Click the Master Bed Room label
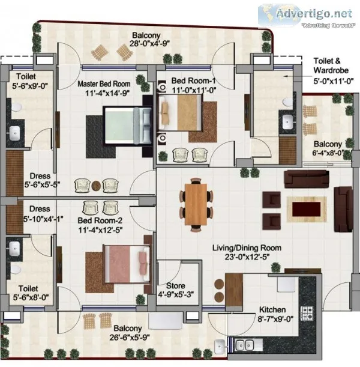pyautogui.click(x=104, y=84)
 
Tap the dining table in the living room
pyautogui.click(x=196, y=205)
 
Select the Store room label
pyautogui.click(x=176, y=285)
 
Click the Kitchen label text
pyautogui.click(x=272, y=310)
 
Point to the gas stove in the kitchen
pyautogui.click(x=307, y=313)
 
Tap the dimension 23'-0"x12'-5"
pyautogui.click(x=247, y=257)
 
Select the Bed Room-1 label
pyautogui.click(x=193, y=80)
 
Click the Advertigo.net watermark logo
pyautogui.click(x=306, y=16)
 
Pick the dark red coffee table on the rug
pyautogui.click(x=306, y=209)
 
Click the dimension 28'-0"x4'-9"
pyautogui.click(x=149, y=43)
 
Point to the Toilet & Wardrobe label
pyautogui.click(x=331, y=65)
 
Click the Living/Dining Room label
pyautogui.click(x=247, y=247)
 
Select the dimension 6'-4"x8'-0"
pyautogui.click(x=328, y=153)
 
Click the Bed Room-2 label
pyautogui.click(x=100, y=220)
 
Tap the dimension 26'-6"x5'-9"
pyautogui.click(x=130, y=338)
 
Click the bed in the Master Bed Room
pyautogui.click(x=127, y=126)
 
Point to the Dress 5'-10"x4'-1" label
pyautogui.click(x=43, y=214)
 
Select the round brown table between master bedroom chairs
pyautogui.click(x=96, y=186)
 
